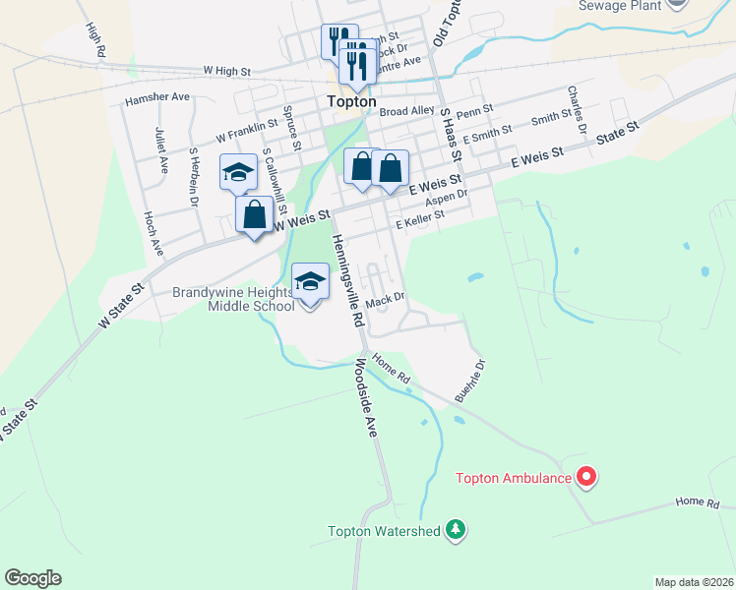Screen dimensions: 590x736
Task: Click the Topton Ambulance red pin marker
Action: [587, 478]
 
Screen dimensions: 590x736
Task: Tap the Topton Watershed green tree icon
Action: [455, 531]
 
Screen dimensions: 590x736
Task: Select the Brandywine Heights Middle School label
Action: [233, 299]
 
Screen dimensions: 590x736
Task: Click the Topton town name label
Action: [351, 100]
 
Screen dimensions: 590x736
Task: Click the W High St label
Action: [227, 72]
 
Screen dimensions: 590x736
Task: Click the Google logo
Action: [32, 578]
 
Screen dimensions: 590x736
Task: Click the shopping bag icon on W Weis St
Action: [254, 215]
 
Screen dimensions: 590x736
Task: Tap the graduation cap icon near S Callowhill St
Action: [238, 172]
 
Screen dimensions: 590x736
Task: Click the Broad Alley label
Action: [406, 112]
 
